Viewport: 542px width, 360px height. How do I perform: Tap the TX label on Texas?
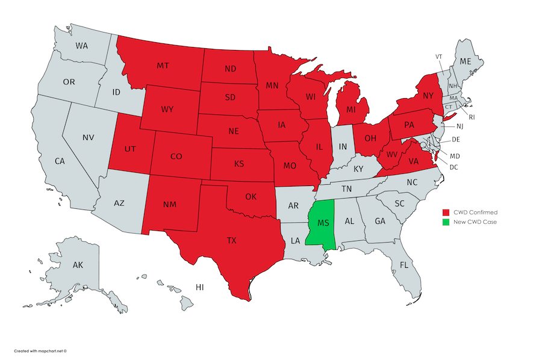(232, 240)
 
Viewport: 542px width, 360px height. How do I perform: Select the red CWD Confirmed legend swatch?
(446, 213)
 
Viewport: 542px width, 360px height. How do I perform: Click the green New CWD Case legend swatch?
(446, 222)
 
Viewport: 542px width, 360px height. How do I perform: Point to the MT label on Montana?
(163, 65)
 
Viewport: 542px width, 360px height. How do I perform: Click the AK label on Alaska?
(78, 265)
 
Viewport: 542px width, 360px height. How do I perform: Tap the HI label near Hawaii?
(199, 288)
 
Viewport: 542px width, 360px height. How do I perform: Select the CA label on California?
(60, 161)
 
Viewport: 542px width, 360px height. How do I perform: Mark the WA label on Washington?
(82, 46)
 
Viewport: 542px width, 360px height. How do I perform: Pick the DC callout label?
(453, 167)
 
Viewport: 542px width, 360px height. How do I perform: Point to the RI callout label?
(472, 117)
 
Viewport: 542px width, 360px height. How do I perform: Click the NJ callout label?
(459, 126)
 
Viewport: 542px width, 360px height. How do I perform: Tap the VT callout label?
(440, 56)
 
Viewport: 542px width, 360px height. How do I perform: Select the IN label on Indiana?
(343, 146)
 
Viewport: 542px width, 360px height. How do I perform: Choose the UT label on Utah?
(130, 147)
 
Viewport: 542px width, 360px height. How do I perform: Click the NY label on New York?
(428, 96)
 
